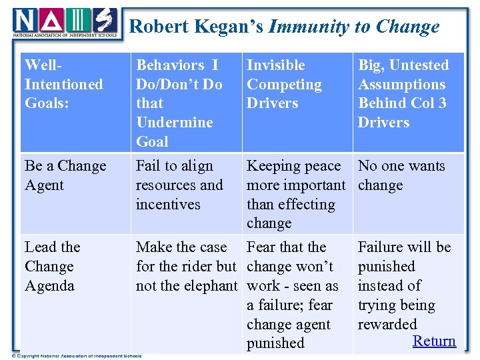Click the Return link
pos(434,341)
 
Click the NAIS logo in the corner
pos(65,23)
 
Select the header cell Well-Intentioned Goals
pos(64,84)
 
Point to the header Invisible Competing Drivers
pos(284,84)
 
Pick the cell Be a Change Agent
pos(65,175)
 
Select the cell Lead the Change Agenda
pos(53,266)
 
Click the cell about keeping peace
pos(295,194)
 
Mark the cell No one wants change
pos(401,175)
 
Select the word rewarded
pos(387,324)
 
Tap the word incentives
pos(168,204)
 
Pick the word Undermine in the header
pos(174,122)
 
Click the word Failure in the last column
pos(382,247)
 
